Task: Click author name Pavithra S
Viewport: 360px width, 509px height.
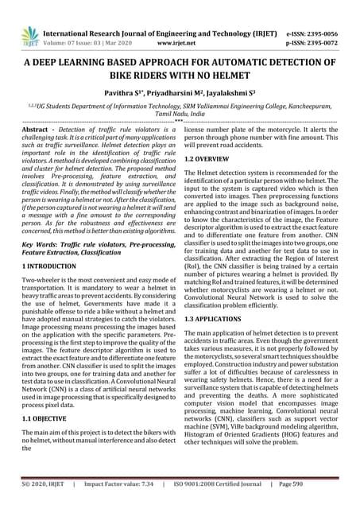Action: click(x=126, y=94)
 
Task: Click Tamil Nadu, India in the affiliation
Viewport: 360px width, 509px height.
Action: click(x=180, y=114)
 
